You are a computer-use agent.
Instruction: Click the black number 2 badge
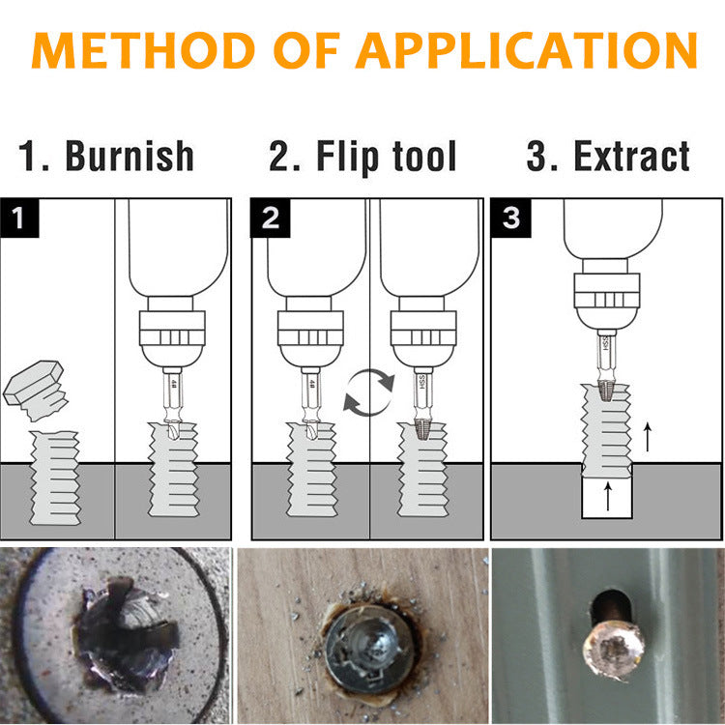coord(270,217)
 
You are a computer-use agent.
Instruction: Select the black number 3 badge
coord(511,217)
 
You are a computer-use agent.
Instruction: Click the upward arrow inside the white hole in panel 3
coord(607,497)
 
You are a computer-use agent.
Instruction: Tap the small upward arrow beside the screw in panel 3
coord(647,437)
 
